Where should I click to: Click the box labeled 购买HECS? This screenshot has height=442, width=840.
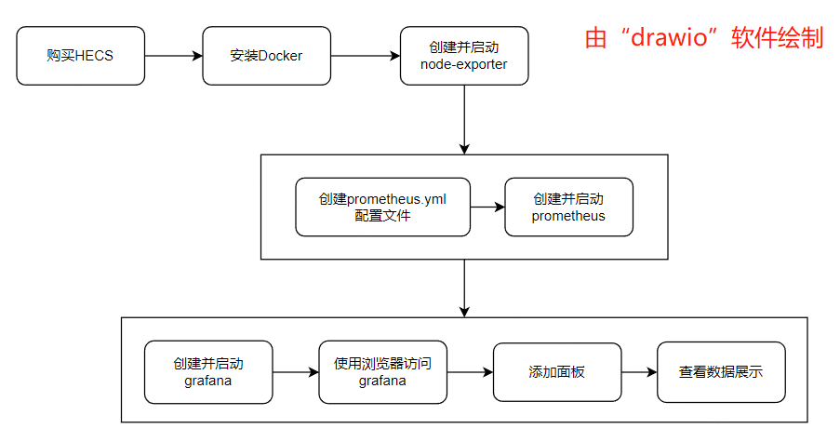[81, 56]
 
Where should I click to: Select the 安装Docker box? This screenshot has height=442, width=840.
[266, 56]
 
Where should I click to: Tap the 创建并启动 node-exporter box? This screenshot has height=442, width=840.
[463, 56]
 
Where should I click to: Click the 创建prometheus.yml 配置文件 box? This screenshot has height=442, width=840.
[381, 207]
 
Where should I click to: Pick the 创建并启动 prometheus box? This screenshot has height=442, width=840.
[568, 207]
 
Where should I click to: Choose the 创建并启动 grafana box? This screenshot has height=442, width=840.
[208, 372]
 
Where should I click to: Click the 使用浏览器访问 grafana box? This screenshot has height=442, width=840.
[382, 372]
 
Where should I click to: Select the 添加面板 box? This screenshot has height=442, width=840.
[556, 372]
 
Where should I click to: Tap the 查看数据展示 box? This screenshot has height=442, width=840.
[720, 372]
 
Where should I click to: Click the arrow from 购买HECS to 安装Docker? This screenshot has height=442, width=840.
[173, 56]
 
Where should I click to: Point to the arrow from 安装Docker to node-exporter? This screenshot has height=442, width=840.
[365, 56]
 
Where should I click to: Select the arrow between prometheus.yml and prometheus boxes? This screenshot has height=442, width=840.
[487, 207]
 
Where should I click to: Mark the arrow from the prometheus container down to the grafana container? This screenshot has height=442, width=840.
[464, 288]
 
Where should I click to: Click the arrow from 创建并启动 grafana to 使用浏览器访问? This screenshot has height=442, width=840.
[296, 372]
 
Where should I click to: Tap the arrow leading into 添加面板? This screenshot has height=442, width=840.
[469, 372]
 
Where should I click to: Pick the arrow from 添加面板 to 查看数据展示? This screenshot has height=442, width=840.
[638, 372]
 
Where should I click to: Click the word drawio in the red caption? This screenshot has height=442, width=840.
[673, 38]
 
